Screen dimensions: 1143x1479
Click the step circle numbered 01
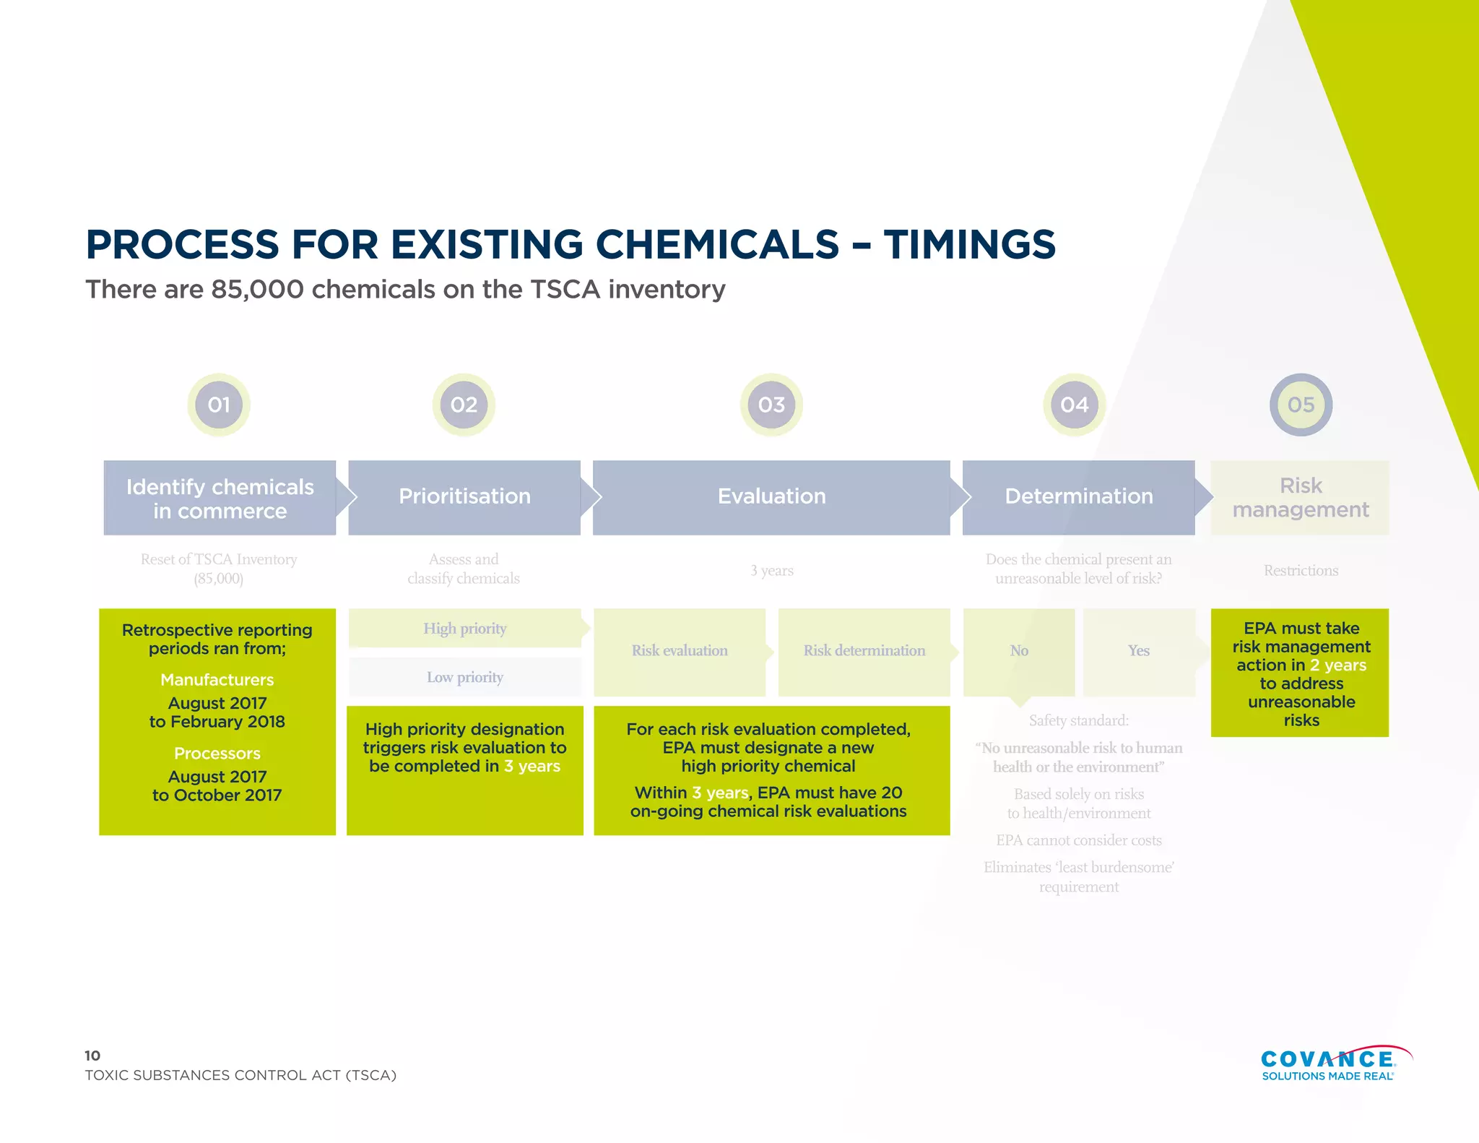pyautogui.click(x=219, y=405)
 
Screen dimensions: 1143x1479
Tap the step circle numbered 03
pyautogui.click(x=771, y=405)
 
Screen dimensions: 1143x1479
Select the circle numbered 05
pyautogui.click(x=1301, y=405)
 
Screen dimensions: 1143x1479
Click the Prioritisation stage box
pyautogui.click(x=464, y=497)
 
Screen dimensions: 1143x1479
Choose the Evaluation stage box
pyautogui.click(x=771, y=497)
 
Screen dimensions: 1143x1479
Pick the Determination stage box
pyautogui.click(x=1078, y=497)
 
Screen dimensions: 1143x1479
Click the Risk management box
pyautogui.click(x=1300, y=497)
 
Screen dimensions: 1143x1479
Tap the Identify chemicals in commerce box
pyautogui.click(x=220, y=498)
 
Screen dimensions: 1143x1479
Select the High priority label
pyautogui.click(x=465, y=629)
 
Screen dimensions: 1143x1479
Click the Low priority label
pyautogui.click(x=465, y=677)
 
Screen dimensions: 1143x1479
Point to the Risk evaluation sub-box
pyautogui.click(x=680, y=651)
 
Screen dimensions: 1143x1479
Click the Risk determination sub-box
pyautogui.click(x=864, y=651)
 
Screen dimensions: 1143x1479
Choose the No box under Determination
pyautogui.click(x=1019, y=651)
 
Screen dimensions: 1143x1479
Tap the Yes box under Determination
pyautogui.click(x=1139, y=651)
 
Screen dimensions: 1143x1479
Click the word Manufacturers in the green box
pyautogui.click(x=217, y=680)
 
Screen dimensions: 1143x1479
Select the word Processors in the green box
pyautogui.click(x=217, y=754)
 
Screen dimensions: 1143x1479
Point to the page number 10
pyautogui.click(x=92, y=1056)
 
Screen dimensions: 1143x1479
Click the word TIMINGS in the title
pyautogui.click(x=969, y=244)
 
